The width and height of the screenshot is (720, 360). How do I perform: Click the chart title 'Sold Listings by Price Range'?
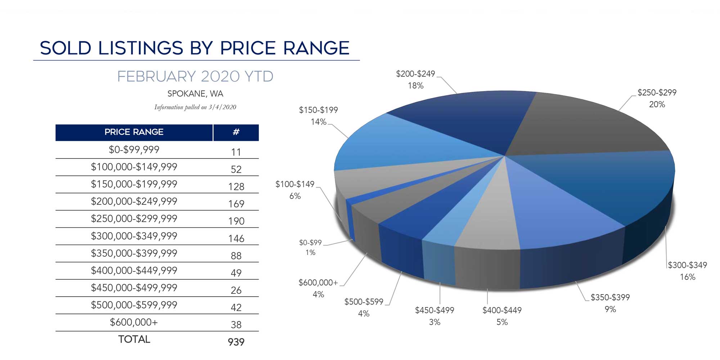[x=195, y=48]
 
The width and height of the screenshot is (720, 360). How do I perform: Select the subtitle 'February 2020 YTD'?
[x=195, y=77]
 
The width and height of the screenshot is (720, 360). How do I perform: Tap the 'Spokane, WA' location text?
[x=195, y=94]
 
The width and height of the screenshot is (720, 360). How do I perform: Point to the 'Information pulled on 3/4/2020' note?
[x=195, y=107]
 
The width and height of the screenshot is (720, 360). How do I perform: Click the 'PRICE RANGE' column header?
[x=134, y=132]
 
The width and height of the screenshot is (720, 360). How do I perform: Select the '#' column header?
[x=236, y=132]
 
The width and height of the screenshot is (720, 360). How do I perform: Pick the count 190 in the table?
[x=236, y=221]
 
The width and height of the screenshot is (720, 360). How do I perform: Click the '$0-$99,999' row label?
[x=134, y=150]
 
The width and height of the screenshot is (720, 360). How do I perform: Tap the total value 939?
[x=236, y=342]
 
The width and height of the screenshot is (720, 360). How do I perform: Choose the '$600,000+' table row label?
[x=134, y=322]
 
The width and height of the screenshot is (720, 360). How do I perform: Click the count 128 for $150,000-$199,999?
[x=236, y=186]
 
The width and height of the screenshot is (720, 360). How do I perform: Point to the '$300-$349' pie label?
[x=687, y=265]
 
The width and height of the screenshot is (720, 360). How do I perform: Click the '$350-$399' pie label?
[x=610, y=297]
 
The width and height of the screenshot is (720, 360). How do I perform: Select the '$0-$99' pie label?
[x=310, y=243]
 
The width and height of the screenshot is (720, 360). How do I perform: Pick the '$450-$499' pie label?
[x=435, y=310]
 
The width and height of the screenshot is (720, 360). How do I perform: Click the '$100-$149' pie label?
[x=295, y=184]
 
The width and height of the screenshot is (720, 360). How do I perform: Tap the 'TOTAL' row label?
[x=134, y=339]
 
